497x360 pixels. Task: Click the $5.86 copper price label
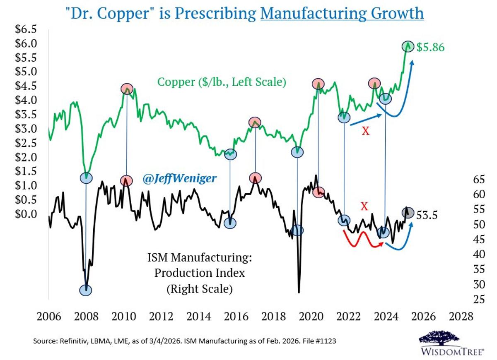point(431,47)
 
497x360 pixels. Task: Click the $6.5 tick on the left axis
point(26,29)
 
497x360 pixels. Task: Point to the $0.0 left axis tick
point(26,214)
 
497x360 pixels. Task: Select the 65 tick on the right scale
point(478,179)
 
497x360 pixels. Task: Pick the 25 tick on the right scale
point(478,299)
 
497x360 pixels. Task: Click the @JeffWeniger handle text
point(180,178)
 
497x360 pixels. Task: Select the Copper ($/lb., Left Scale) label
point(222,82)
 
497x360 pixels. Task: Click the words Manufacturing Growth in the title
point(342,13)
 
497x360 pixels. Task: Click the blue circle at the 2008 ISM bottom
point(86,290)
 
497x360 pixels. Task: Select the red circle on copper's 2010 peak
point(127,89)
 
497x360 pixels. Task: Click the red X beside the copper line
point(365,132)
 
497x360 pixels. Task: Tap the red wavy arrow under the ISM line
point(362,239)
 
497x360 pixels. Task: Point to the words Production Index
point(199,273)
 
